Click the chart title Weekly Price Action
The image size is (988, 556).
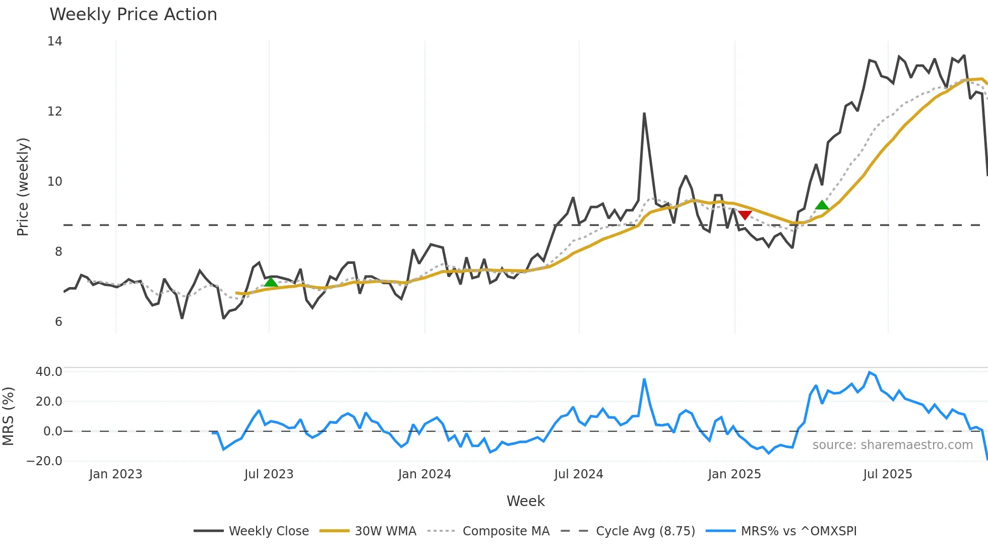click(133, 15)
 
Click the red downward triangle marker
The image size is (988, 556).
click(745, 215)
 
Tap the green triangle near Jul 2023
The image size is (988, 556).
click(271, 282)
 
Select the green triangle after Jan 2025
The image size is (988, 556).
click(822, 205)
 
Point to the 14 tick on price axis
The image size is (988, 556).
click(54, 41)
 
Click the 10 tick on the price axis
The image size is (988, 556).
click(54, 182)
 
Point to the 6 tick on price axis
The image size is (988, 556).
click(58, 322)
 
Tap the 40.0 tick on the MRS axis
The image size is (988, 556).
click(48, 372)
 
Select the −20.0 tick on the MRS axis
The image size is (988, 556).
click(44, 461)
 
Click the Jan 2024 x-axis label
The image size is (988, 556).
click(424, 474)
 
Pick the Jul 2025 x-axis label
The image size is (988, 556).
click(887, 474)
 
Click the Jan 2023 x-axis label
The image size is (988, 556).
click(115, 474)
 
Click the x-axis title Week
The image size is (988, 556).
click(525, 501)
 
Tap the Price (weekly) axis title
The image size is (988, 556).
click(23, 187)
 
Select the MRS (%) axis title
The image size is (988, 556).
click(8, 416)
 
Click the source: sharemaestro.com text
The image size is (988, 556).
click(892, 445)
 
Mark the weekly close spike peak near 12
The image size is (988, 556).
click(644, 114)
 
